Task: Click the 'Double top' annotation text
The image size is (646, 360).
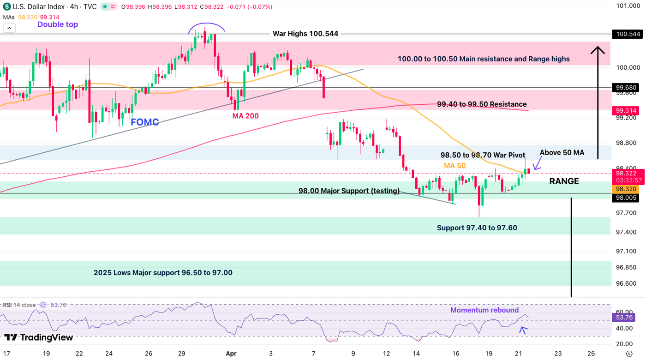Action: (x=58, y=24)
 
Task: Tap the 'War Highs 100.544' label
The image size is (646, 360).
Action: (x=305, y=34)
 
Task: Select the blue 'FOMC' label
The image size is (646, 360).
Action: (x=144, y=122)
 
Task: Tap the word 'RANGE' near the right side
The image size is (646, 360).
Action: (x=564, y=181)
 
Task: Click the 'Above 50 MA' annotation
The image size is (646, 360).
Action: (x=562, y=153)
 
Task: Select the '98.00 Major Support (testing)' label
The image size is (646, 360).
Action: (x=349, y=191)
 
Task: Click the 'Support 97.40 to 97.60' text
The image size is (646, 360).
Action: (x=480, y=228)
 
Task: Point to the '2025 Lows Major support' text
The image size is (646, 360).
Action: (x=163, y=273)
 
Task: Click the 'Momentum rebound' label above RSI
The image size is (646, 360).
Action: (x=484, y=310)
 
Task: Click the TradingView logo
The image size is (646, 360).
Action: (x=39, y=337)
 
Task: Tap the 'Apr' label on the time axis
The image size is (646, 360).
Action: (x=231, y=354)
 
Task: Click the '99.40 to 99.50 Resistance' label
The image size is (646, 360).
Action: (x=481, y=104)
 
